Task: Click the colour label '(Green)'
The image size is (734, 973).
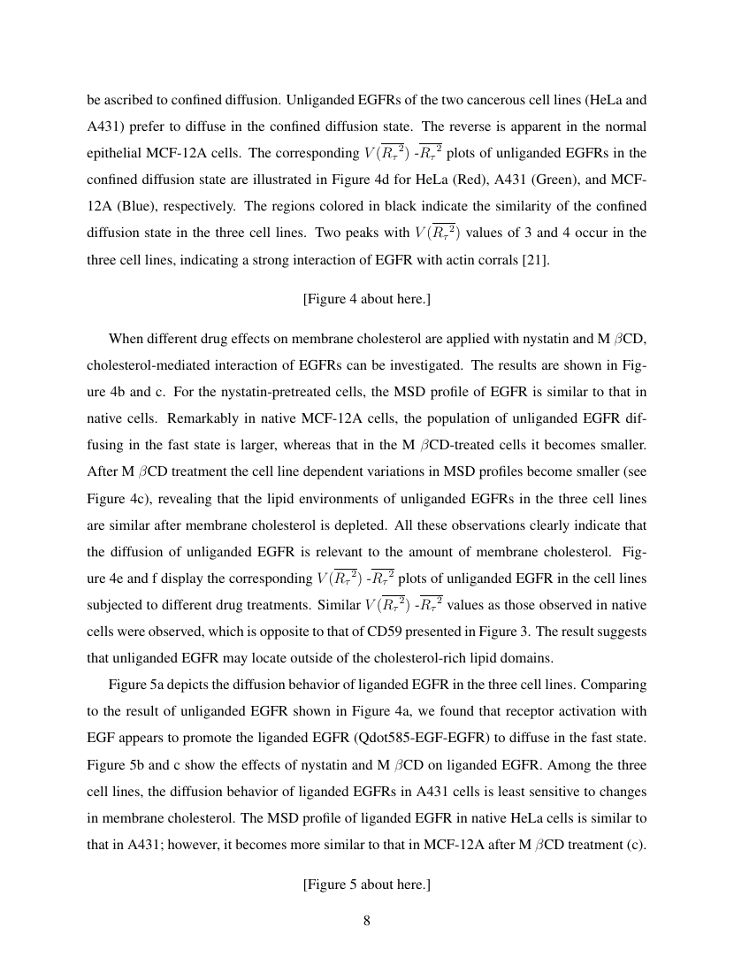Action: tap(548, 180)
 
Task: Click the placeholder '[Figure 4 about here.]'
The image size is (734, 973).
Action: tap(366, 299)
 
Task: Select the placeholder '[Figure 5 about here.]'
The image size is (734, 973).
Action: tap(366, 884)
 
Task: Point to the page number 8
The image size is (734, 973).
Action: tap(366, 920)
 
